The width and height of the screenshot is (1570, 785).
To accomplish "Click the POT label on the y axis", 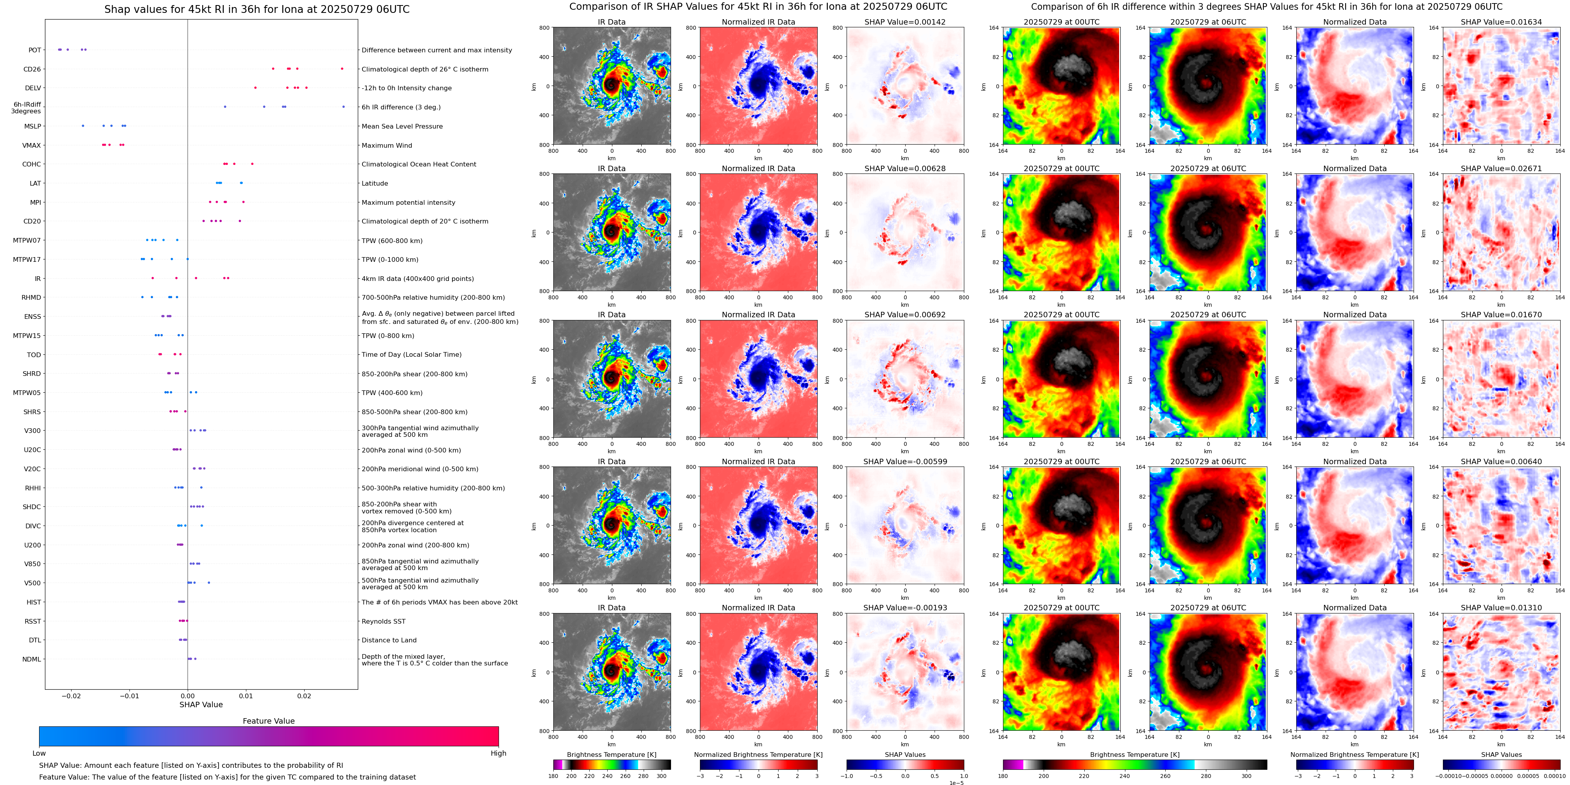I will tap(35, 50).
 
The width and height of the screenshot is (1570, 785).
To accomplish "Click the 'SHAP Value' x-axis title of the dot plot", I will tap(201, 705).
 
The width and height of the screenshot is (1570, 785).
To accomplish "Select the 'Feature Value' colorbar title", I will tap(268, 721).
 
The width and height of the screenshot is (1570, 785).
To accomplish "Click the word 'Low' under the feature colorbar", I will tap(39, 753).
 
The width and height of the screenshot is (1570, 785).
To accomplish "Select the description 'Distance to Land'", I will tap(389, 640).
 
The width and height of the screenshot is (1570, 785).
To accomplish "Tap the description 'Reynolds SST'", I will tap(383, 621).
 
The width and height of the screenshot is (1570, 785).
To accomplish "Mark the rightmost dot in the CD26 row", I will tap(342, 69).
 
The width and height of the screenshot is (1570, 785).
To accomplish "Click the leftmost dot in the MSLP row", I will tap(83, 126).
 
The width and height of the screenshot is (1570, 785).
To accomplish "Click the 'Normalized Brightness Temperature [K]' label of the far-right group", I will tap(1354, 755).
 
